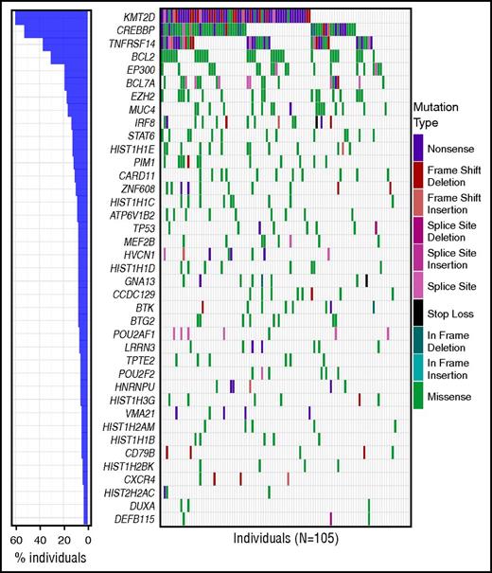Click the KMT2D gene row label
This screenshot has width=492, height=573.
point(138,18)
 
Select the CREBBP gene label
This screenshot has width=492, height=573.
point(136,30)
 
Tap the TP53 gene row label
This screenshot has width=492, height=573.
point(143,227)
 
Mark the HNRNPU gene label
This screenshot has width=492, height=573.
point(135,386)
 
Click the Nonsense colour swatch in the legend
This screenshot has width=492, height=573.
point(418,146)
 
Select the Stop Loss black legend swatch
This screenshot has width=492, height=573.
point(418,313)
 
